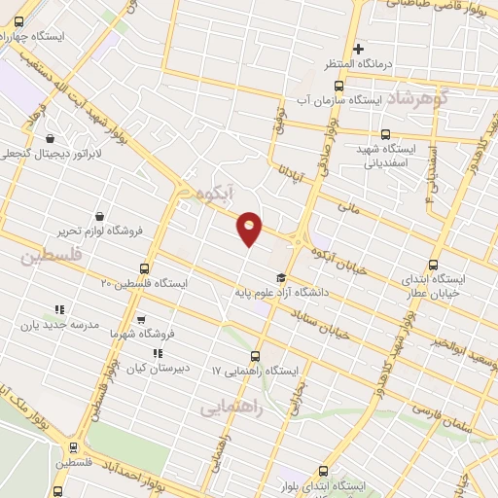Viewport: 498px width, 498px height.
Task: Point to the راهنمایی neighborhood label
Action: click(232, 409)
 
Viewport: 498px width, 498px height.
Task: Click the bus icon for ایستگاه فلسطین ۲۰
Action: click(145, 267)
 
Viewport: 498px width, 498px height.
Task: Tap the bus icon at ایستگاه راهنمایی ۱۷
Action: click(256, 356)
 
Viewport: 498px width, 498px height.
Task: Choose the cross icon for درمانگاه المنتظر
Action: click(358, 49)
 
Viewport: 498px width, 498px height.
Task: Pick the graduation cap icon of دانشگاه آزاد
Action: click(280, 277)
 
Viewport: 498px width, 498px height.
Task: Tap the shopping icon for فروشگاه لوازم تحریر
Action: click(100, 216)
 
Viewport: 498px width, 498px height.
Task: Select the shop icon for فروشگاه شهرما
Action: click(143, 319)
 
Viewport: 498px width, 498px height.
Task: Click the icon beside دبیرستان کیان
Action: click(157, 353)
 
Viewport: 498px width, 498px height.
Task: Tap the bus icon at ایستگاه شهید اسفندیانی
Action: click(385, 135)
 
